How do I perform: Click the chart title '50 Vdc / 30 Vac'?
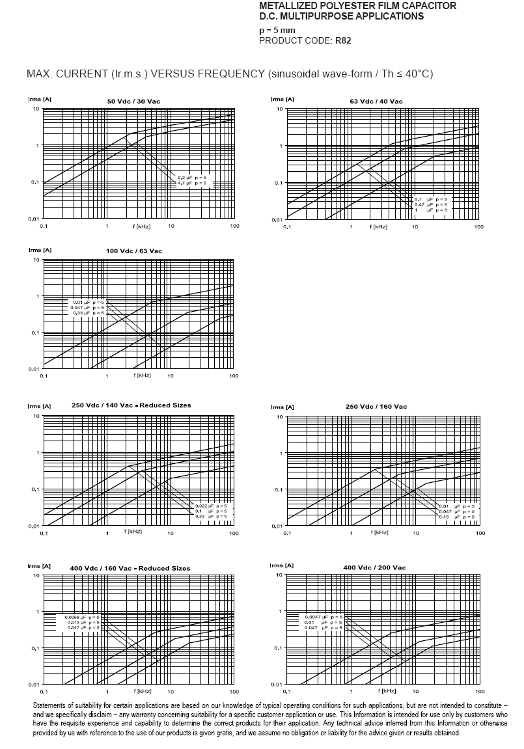click(133, 101)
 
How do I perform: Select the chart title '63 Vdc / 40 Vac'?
click(376, 101)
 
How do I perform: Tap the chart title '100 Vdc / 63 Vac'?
click(134, 251)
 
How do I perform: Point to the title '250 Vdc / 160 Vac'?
click(376, 407)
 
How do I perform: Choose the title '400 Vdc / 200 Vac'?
click(374, 568)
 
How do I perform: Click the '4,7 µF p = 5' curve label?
click(192, 184)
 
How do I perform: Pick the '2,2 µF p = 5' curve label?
click(192, 178)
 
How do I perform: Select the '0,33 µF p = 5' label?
click(87, 313)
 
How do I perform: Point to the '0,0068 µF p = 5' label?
click(83, 616)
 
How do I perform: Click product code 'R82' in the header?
click(343, 40)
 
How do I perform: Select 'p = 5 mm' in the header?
click(277, 30)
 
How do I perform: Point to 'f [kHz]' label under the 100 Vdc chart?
click(142, 375)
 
